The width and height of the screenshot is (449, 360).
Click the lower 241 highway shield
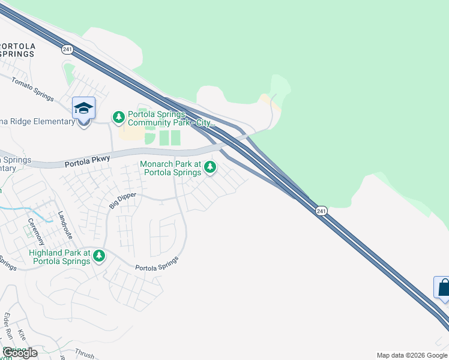(x=321, y=211)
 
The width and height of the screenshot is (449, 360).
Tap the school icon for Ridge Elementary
(x=84, y=109)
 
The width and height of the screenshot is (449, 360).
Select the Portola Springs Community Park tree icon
(x=119, y=116)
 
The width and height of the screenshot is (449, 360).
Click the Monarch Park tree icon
(x=210, y=167)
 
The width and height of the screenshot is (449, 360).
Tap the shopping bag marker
(x=443, y=287)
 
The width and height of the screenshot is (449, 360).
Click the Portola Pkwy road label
(x=87, y=161)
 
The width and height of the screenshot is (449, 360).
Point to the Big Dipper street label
(x=122, y=200)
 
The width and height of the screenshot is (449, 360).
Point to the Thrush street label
(x=85, y=354)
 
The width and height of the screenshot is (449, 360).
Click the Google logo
(x=20, y=353)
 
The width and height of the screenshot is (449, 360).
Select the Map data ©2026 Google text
(x=412, y=355)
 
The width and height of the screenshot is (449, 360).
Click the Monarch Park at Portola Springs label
(x=171, y=169)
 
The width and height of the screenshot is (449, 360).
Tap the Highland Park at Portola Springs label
(x=59, y=257)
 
